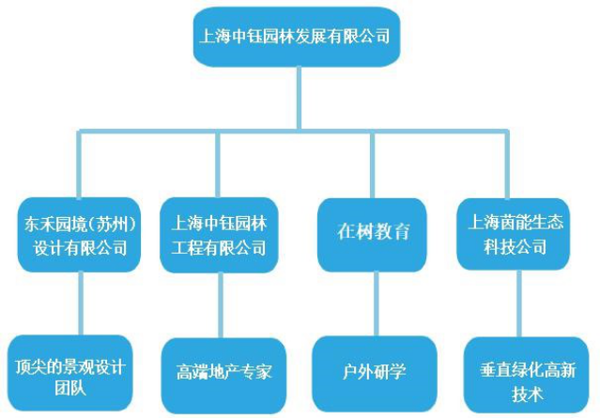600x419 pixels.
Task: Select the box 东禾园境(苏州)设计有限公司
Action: tap(80, 236)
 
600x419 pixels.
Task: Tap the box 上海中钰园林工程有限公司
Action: tap(219, 236)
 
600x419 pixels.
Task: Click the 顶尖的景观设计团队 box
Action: tap(70, 374)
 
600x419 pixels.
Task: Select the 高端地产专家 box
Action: tap(223, 374)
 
